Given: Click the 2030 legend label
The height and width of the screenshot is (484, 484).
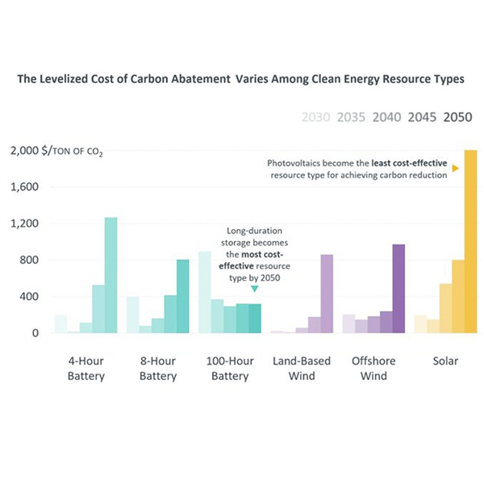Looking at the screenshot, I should click(x=315, y=117).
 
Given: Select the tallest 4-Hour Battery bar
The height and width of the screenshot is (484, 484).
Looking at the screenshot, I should click(x=111, y=274).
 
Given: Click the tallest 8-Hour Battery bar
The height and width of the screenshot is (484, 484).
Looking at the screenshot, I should click(x=182, y=295).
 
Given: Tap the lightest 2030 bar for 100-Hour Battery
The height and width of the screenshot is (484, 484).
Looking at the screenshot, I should click(x=205, y=291).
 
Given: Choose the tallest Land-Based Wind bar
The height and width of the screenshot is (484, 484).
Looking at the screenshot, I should click(x=327, y=293).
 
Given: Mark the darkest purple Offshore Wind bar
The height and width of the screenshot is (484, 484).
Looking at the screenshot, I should click(x=398, y=288).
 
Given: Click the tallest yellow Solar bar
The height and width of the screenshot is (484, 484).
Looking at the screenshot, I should click(x=470, y=241).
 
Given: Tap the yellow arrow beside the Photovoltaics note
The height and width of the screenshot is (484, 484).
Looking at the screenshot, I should click(x=456, y=168).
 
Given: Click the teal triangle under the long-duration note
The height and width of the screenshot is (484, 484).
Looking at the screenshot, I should click(x=254, y=288).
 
